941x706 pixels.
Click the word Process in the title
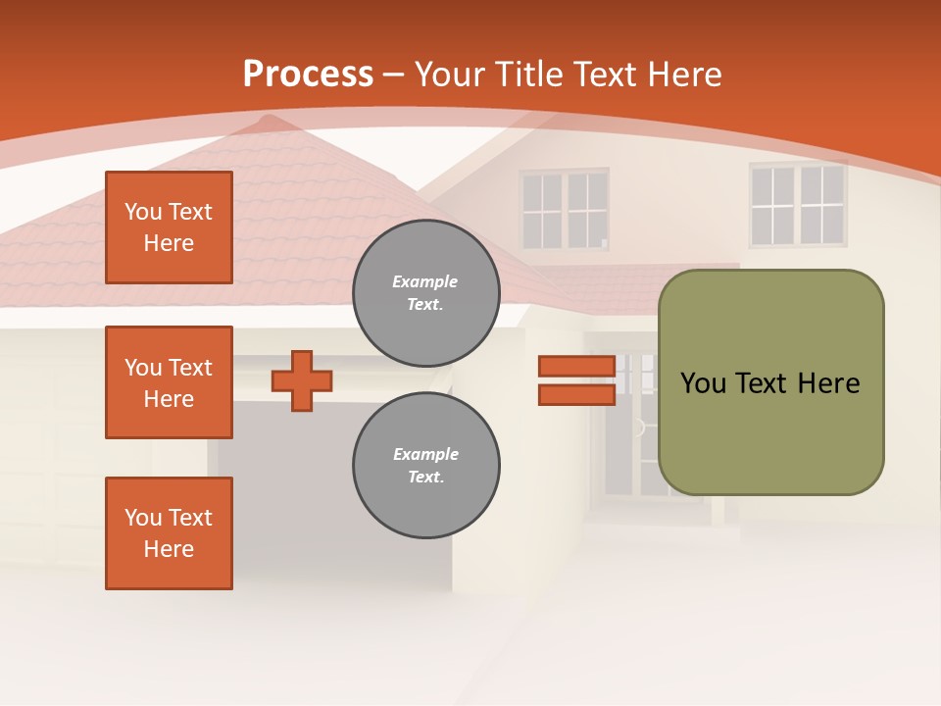[308, 75]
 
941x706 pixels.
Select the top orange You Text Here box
[169, 227]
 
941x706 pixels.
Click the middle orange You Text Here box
[169, 382]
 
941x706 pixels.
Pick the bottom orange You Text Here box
[169, 533]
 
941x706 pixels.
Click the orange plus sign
[302, 380]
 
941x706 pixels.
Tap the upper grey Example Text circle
[426, 293]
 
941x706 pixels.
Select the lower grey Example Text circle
[426, 466]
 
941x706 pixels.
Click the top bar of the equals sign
[576, 367]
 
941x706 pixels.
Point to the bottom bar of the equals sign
[576, 395]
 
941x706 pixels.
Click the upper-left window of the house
[564, 210]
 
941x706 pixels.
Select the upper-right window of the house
[798, 204]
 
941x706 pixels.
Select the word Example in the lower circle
[425, 455]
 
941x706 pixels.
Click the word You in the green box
[703, 383]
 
